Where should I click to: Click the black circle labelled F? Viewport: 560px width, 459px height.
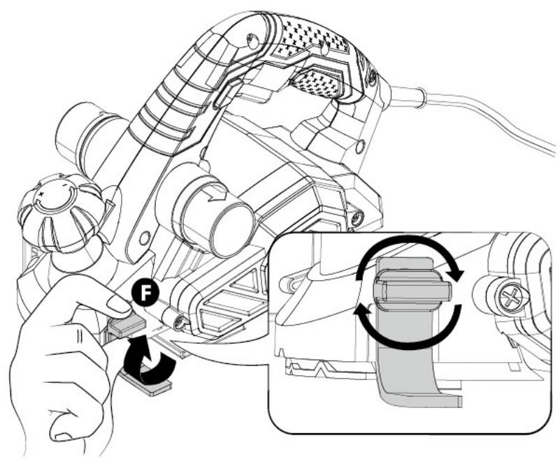tap(145, 293)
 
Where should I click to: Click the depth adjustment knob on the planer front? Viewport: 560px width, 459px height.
tap(61, 214)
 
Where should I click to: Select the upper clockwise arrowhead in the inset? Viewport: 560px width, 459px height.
tap(454, 274)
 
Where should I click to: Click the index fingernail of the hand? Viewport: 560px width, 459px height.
tap(119, 305)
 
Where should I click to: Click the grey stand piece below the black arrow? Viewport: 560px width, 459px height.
tap(147, 385)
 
